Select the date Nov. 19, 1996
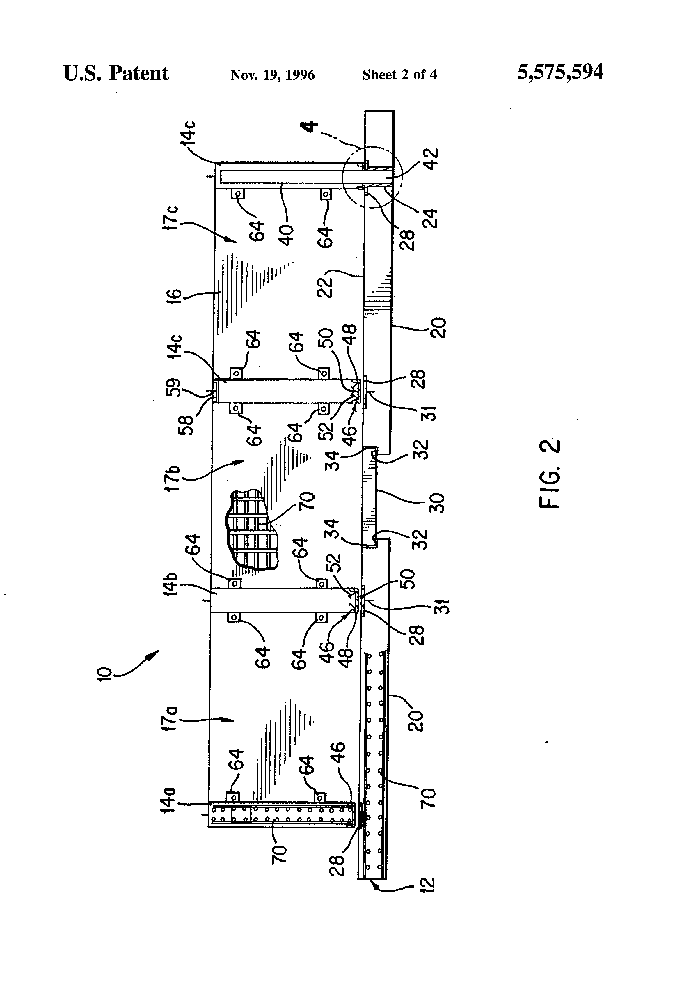(x=272, y=75)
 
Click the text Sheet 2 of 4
(x=399, y=75)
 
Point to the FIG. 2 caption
(x=550, y=474)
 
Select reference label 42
(x=431, y=159)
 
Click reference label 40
(x=287, y=235)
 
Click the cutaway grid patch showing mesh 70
(x=251, y=530)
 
